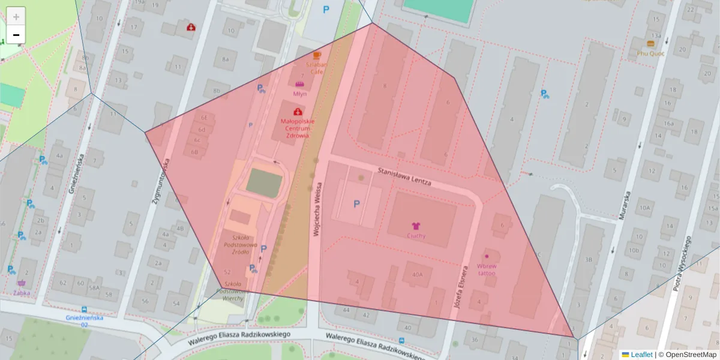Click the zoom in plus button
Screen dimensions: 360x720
[x=16, y=16]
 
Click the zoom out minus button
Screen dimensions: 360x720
[x=16, y=35]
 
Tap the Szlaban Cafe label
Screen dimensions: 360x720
[x=317, y=67]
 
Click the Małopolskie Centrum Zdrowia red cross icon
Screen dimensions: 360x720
[x=298, y=112]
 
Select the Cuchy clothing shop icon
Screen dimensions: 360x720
[x=416, y=226]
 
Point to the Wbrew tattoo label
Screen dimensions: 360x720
[x=487, y=269]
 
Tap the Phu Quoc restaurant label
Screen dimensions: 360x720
[x=651, y=52]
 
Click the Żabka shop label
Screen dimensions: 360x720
[x=22, y=293]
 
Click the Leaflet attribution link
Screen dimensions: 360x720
[x=641, y=355]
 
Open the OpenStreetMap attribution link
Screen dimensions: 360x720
[x=691, y=355]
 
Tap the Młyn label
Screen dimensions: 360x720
[x=300, y=94]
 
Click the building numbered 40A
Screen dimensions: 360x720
[x=417, y=275]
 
